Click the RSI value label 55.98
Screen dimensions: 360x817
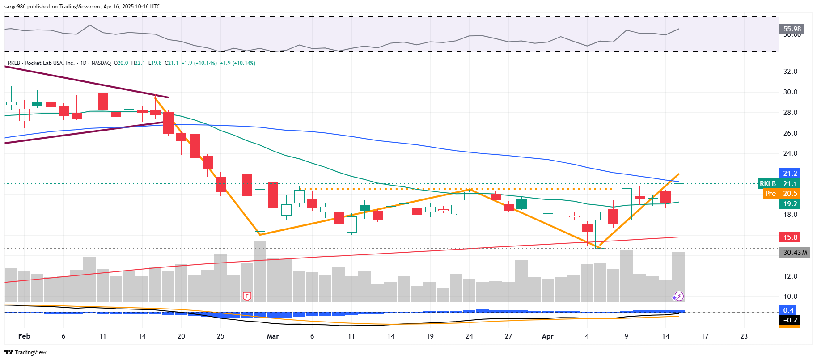coord(792,29)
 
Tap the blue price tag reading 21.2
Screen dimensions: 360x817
coord(790,174)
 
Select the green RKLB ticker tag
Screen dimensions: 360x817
coord(768,184)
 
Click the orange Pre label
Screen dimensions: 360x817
coord(770,194)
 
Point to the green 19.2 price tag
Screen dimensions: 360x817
coord(790,204)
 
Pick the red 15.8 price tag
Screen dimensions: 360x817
coord(790,237)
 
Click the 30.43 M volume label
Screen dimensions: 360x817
coord(795,253)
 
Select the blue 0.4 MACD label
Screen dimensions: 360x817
coord(788,310)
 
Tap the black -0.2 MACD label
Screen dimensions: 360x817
coord(790,320)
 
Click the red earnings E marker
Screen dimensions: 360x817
coord(247,296)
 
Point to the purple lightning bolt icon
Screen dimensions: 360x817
coord(678,296)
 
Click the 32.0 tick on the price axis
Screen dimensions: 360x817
coord(790,72)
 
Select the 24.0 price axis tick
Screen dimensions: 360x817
coord(790,153)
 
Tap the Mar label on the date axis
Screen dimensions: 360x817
coord(273,336)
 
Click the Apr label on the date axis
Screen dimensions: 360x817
coord(547,336)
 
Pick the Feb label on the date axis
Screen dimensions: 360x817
coord(24,336)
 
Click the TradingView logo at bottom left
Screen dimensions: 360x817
coord(25,352)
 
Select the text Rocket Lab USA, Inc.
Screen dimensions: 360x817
coord(50,63)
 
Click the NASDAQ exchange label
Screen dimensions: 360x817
coord(101,63)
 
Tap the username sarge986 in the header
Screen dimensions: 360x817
coord(15,7)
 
